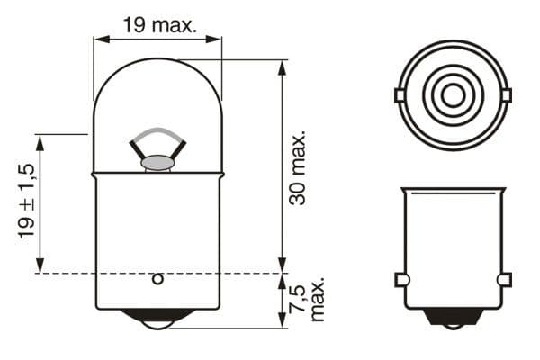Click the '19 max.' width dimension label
(159, 25)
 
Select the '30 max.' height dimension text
(298, 167)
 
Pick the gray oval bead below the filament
(158, 163)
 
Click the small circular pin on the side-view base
(157, 279)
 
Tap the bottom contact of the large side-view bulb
(157, 319)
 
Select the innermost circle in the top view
(451, 94)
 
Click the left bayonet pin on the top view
(399, 94)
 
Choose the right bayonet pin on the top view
(505, 94)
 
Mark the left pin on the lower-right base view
(402, 280)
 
